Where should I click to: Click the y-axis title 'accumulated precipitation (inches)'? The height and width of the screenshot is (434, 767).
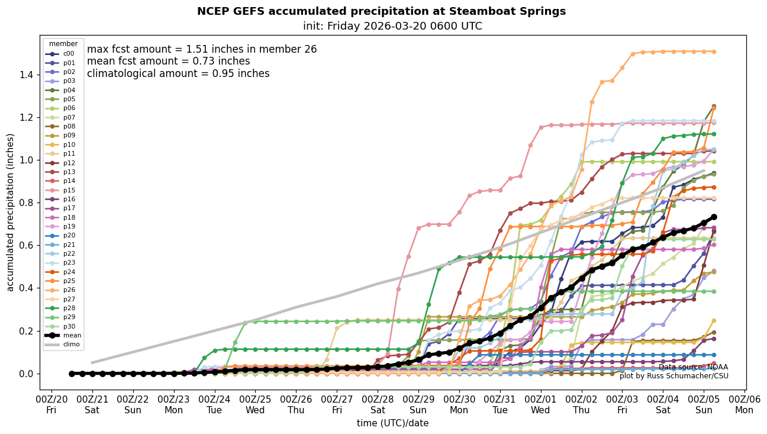10,212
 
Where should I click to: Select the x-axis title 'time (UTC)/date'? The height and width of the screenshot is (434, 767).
392,423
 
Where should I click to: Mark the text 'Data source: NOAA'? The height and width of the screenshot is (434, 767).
693,367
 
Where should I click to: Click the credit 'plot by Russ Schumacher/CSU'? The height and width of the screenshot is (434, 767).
673,376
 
